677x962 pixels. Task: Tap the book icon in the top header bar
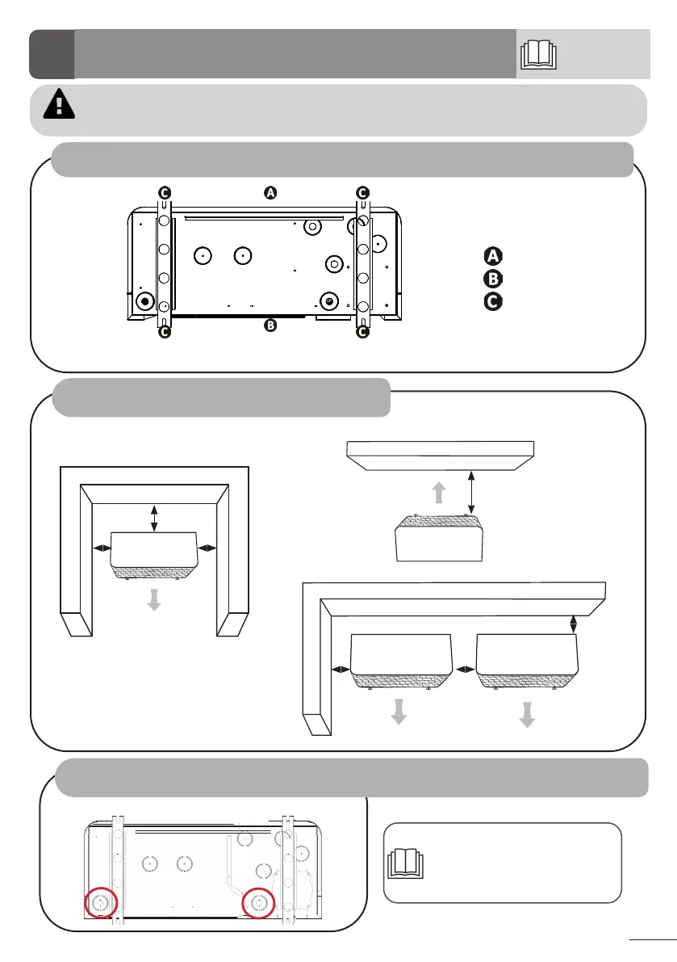coord(538,55)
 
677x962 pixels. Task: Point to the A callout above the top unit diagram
coord(270,192)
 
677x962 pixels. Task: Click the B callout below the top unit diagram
coord(270,326)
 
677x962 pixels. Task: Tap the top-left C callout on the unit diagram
coord(164,192)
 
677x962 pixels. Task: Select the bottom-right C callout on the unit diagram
coord(362,331)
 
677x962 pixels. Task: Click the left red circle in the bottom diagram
coord(101,901)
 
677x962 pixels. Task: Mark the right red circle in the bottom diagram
coord(260,901)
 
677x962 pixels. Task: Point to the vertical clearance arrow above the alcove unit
coord(155,518)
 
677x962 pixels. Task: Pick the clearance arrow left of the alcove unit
coord(102,548)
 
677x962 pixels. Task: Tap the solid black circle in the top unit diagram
coord(145,301)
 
